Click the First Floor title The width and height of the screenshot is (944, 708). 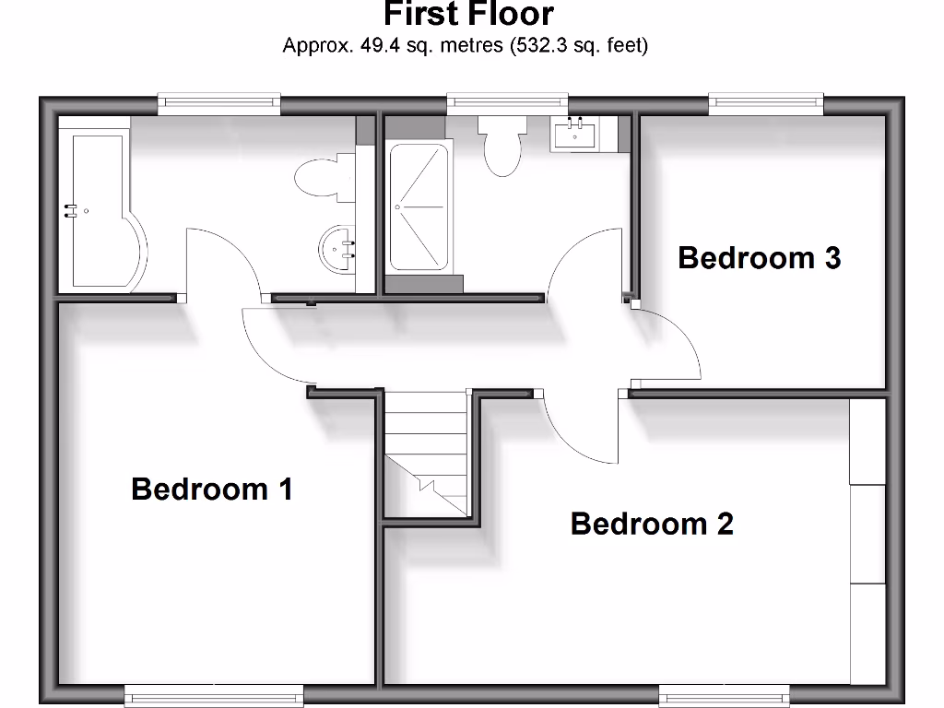(468, 15)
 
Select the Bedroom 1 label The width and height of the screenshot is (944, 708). (212, 489)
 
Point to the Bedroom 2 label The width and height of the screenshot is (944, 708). (652, 524)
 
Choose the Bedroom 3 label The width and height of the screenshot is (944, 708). (759, 258)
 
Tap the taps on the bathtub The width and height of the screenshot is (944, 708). (69, 211)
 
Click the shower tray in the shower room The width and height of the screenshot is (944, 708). (419, 206)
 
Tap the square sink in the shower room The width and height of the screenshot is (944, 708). (575, 135)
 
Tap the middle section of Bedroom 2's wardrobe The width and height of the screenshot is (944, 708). (867, 534)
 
